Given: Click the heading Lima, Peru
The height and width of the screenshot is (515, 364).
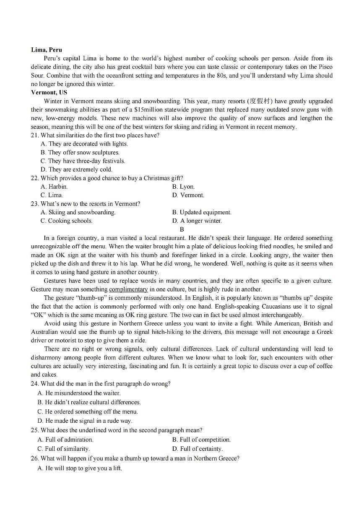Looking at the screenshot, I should coord(46,50).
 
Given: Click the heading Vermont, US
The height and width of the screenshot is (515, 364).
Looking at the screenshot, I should coord(49,93).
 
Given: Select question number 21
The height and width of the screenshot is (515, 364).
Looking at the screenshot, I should coord(34,135).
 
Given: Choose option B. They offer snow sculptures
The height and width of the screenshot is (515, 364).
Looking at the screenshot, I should coord(80,153).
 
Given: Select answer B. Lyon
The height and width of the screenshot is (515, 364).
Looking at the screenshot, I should coord(183,187).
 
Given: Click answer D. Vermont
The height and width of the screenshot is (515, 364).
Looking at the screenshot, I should coord(188,195).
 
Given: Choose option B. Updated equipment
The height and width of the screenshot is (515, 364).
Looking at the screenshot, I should coord(202,213).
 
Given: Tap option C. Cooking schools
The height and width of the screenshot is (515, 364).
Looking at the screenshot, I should coord(66,221).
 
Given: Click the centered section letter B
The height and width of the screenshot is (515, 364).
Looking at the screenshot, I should coord(182,229).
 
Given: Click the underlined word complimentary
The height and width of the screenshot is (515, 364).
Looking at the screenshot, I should coord(128,289).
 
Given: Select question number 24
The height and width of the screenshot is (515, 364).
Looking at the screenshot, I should coord(34,384).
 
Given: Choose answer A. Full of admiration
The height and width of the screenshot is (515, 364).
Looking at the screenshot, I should coord(65,440).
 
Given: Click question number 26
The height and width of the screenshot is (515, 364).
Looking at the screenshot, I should coord(34,458).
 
